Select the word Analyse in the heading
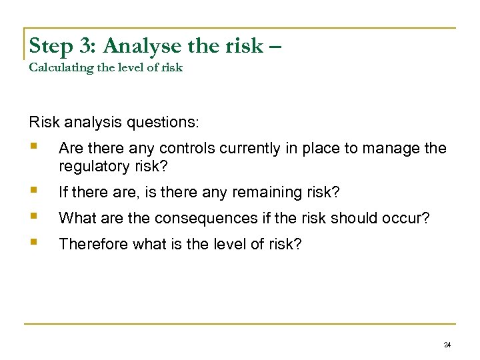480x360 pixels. [x=133, y=46]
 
